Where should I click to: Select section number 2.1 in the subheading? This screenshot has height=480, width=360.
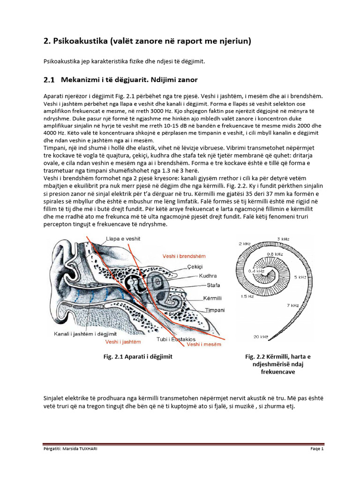coord(49,80)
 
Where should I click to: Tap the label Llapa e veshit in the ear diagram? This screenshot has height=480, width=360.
coord(123,239)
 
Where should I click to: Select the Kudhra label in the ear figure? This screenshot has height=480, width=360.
coord(208,276)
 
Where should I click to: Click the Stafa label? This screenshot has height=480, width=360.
coord(212,285)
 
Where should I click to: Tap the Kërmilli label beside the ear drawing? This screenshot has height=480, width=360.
coord(212,298)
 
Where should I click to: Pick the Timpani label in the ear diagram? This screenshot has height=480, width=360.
coord(214,310)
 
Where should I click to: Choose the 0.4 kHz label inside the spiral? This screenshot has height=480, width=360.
coord(257,271)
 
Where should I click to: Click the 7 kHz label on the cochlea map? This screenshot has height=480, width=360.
coord(305,306)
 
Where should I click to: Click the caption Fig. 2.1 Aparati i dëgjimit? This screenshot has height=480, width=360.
coord(138,357)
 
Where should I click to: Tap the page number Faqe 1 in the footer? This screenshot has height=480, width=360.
coord(318,449)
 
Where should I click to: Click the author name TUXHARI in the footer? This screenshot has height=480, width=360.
coord(89,449)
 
